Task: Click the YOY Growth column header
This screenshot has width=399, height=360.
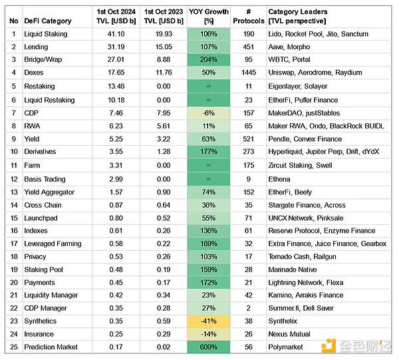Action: tap(208, 17)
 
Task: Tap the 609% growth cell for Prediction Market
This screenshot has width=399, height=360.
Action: tap(208, 347)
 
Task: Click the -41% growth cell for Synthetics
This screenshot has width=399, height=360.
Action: tap(208, 321)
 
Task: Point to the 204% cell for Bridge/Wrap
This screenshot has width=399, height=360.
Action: tap(208, 60)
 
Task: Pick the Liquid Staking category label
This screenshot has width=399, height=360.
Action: tap(47, 34)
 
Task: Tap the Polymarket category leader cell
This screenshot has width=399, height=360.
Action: tap(287, 347)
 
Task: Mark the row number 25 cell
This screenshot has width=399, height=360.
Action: tap(14, 347)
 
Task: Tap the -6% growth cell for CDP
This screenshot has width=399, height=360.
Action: tap(208, 112)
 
